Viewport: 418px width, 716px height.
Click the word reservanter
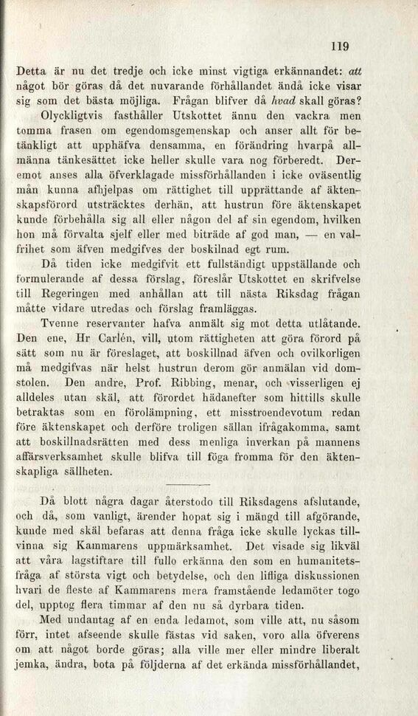tap(116, 323)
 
